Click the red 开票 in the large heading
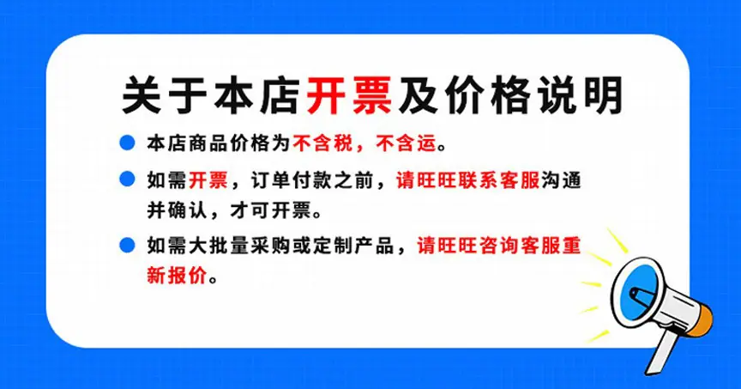coord(349,95)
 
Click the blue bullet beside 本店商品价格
coord(127,143)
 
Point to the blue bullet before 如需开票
coord(127,179)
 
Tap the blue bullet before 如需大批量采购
coord(127,245)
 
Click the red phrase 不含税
coord(322,143)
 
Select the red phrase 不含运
coord(407,143)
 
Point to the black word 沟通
coord(562,180)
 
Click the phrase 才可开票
coord(271,210)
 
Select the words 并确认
coord(177,210)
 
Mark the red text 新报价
coord(177,276)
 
